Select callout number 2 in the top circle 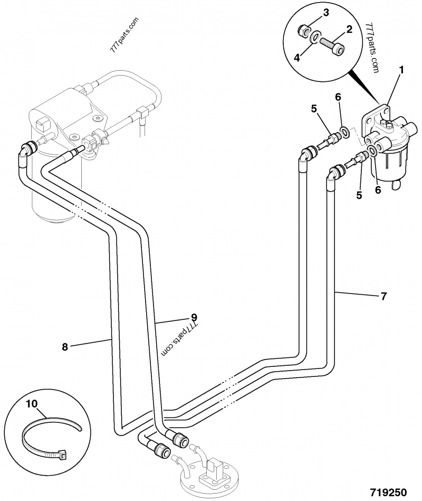click(349, 31)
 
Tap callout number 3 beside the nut click(325, 12)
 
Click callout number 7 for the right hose click(383, 296)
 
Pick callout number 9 click(194, 317)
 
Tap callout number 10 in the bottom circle click(32, 404)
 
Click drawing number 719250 click(388, 492)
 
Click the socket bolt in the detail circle click(332, 45)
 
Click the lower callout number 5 click(359, 195)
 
